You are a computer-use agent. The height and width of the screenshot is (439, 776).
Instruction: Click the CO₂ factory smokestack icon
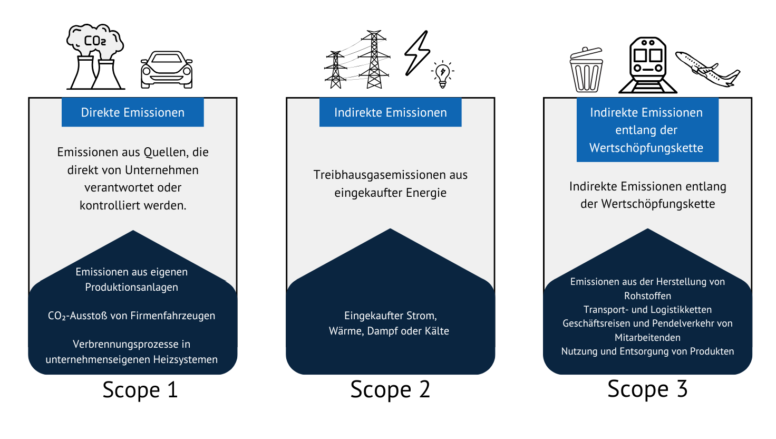[x=95, y=57]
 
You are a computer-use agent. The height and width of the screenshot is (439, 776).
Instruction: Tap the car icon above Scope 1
[x=167, y=70]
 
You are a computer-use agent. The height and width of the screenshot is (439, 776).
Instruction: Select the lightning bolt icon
[x=417, y=53]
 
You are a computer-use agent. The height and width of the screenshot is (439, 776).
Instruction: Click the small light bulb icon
[x=442, y=74]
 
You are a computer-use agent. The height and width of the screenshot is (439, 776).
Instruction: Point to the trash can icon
[x=586, y=70]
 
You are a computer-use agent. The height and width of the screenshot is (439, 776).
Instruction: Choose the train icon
[x=648, y=65]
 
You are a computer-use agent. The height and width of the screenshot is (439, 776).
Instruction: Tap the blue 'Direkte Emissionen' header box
[x=133, y=112]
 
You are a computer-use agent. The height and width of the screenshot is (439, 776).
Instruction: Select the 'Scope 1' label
[x=140, y=390]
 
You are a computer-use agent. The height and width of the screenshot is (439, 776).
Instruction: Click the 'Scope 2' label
[x=390, y=390]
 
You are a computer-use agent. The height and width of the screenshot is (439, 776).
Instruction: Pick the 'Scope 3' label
[x=647, y=389]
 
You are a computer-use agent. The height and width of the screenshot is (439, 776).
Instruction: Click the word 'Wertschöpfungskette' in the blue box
[x=646, y=148]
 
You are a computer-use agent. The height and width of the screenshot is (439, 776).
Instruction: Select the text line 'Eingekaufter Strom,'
[x=390, y=316]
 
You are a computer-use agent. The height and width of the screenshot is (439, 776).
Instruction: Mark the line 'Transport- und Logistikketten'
[x=647, y=310]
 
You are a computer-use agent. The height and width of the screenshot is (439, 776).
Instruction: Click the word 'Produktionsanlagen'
[x=132, y=288]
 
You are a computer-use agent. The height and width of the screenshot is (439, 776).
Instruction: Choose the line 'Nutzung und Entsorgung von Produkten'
[x=647, y=351]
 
